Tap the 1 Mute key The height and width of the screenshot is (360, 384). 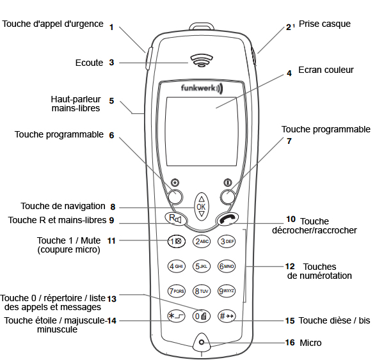(177, 241)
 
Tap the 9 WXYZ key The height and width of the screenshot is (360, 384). (227, 291)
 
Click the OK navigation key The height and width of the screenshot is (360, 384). (202, 206)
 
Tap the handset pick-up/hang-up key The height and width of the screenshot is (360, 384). (227, 219)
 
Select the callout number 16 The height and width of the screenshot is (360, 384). (290, 343)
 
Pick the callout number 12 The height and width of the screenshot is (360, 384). (290, 266)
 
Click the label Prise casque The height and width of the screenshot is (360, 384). (329, 24)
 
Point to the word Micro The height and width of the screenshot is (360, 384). (311, 343)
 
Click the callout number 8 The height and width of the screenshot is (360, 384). (113, 207)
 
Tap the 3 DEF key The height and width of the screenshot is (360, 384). (227, 241)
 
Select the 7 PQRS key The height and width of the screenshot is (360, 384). (176, 291)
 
